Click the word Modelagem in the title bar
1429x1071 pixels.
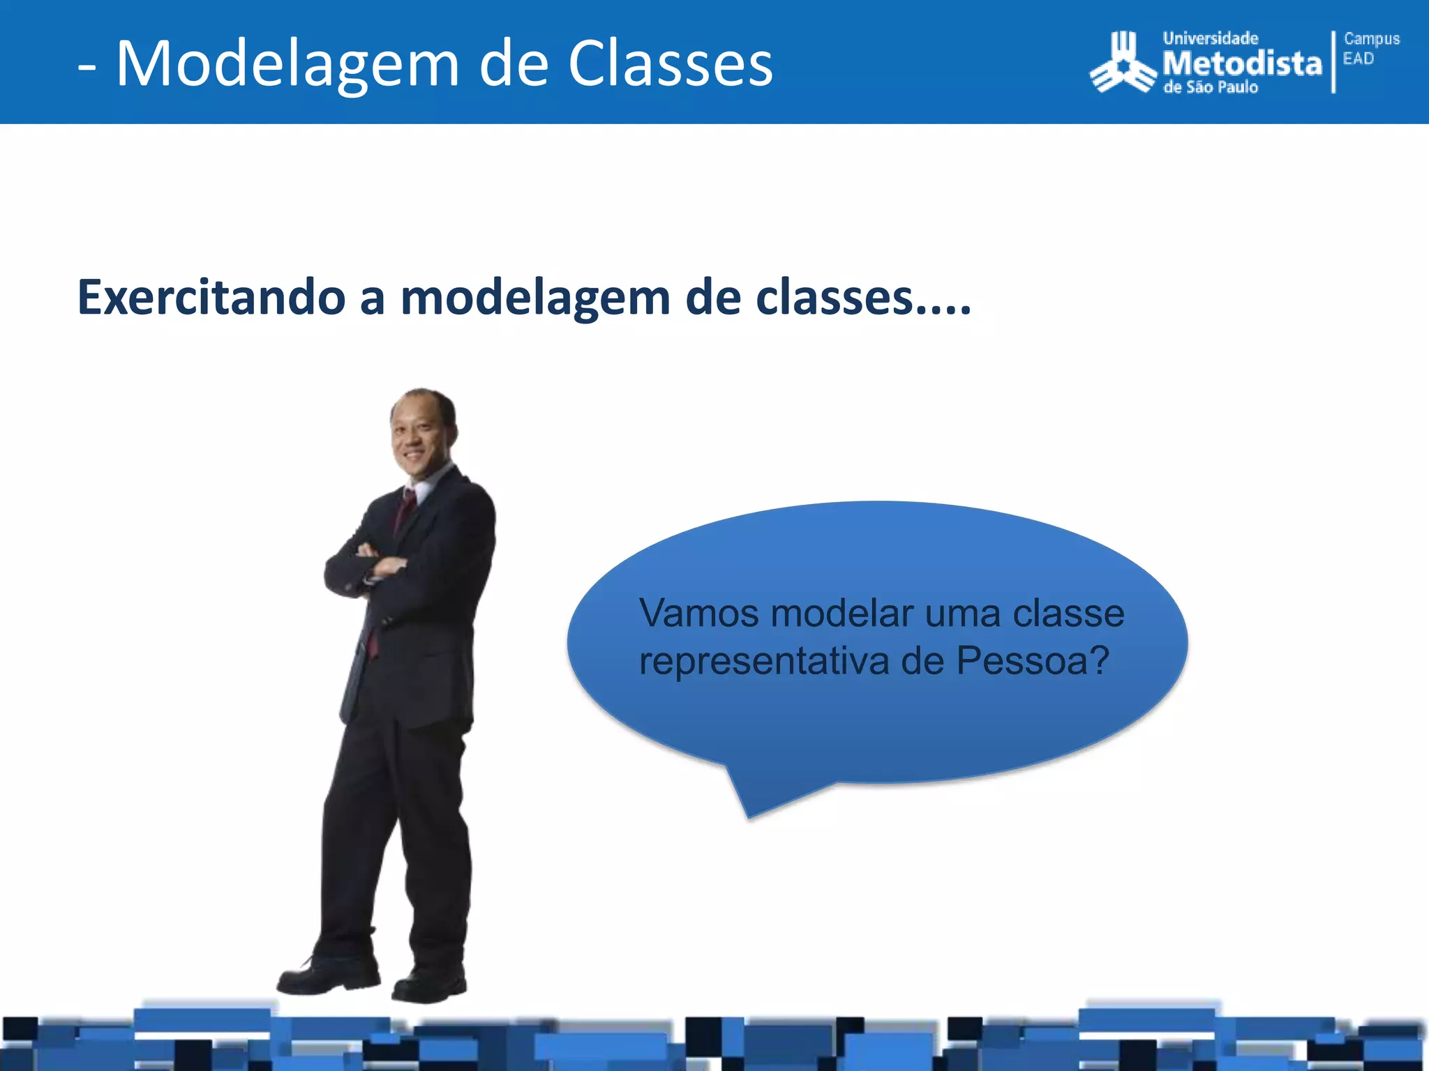click(x=287, y=64)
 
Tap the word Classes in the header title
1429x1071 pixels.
click(x=670, y=64)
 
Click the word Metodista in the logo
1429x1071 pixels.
click(x=1242, y=64)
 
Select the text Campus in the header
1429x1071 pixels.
click(x=1371, y=39)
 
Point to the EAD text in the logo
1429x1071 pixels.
click(x=1358, y=59)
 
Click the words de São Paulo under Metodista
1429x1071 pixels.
click(x=1211, y=88)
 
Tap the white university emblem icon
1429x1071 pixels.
click(x=1122, y=64)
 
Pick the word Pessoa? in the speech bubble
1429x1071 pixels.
click(x=1032, y=661)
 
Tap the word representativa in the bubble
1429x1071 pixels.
click(x=764, y=661)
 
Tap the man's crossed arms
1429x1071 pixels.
click(x=370, y=565)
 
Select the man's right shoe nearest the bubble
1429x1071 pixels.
click(x=429, y=983)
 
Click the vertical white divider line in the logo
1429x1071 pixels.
click(x=1333, y=63)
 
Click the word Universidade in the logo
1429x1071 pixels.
click(x=1210, y=39)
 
